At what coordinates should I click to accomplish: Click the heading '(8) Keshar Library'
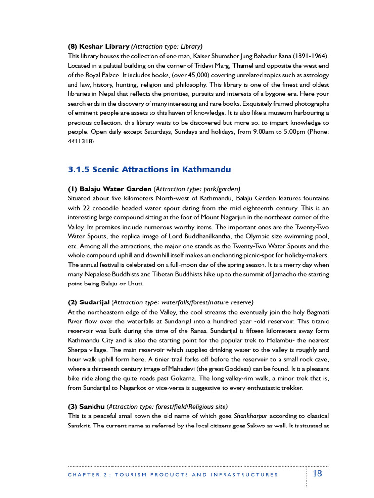(x=98, y=47)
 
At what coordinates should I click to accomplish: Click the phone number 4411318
(x=80, y=142)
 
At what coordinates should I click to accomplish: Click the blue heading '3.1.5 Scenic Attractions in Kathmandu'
(x=149, y=170)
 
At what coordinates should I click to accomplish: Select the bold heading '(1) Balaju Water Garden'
(x=110, y=189)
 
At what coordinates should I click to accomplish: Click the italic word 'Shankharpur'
(x=252, y=416)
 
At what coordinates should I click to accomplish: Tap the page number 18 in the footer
(x=317, y=474)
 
